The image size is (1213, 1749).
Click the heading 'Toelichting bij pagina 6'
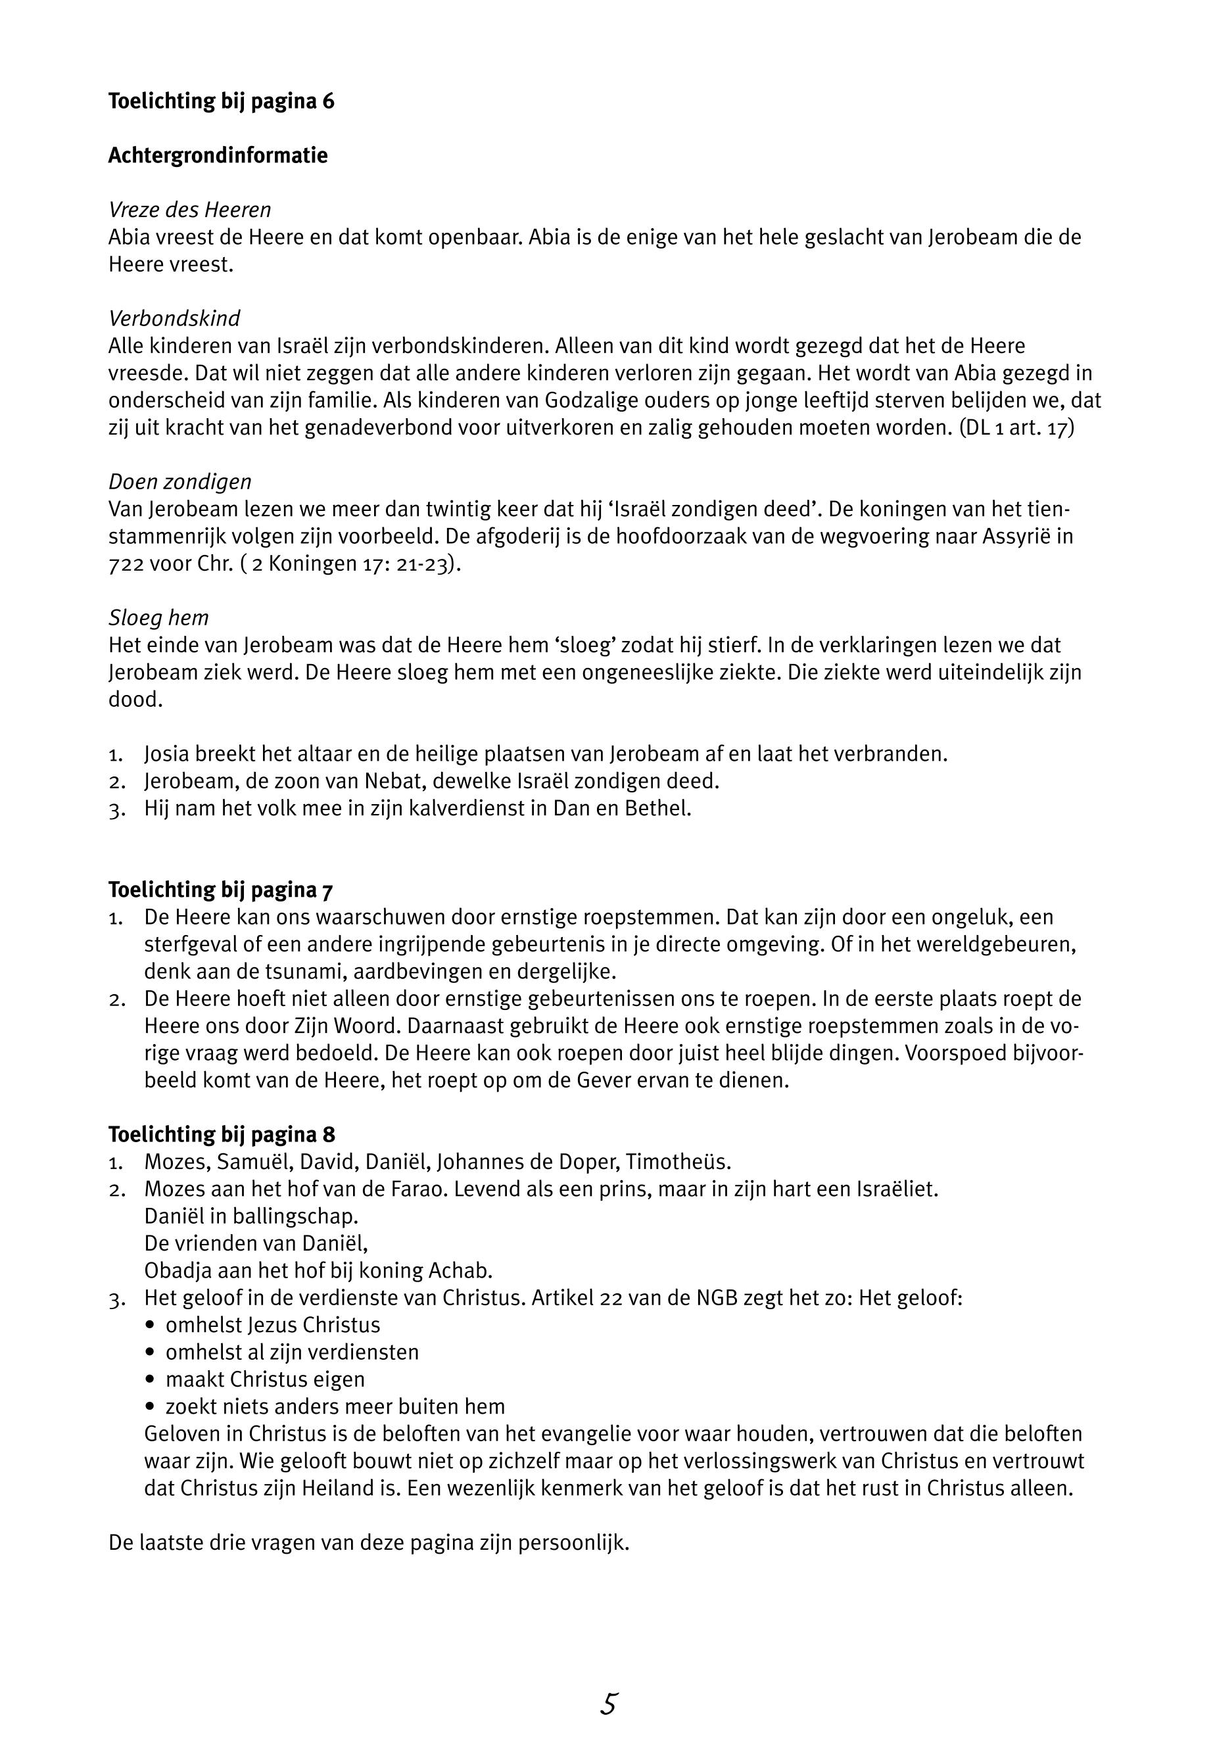pos(221,101)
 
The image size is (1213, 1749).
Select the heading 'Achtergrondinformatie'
pos(218,156)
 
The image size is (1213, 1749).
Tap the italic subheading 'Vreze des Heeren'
pos(189,210)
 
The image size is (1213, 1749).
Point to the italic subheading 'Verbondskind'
pos(174,318)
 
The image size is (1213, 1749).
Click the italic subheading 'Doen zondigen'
pos(179,482)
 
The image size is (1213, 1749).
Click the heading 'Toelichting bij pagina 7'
pos(221,890)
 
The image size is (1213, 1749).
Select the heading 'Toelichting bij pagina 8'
pos(221,1135)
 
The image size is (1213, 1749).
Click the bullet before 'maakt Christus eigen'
pos(149,1379)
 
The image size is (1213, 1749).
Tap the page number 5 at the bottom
pos(608,1705)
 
